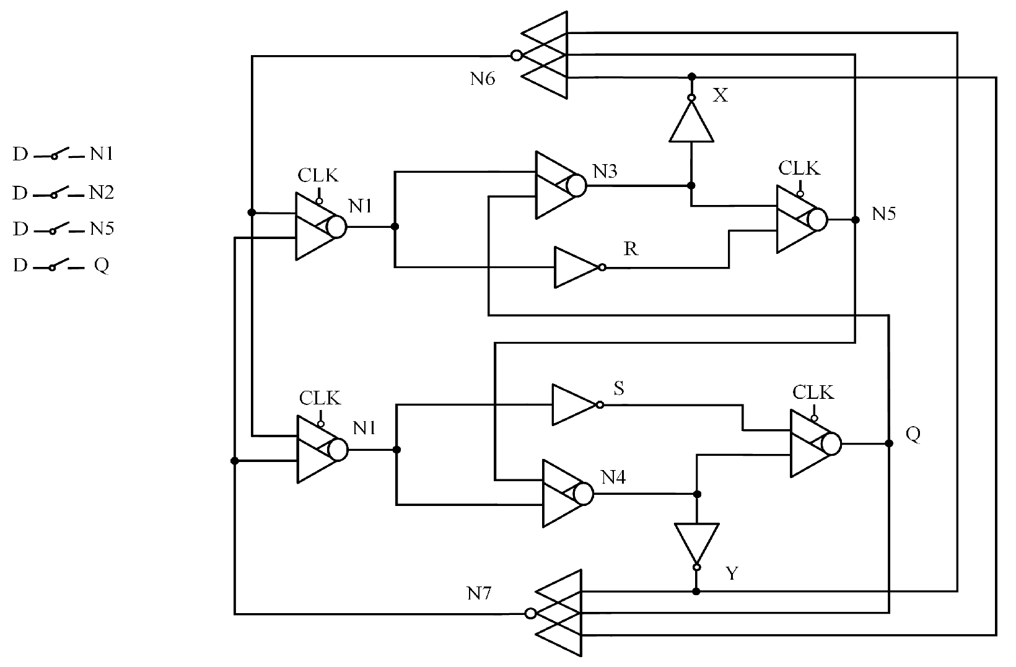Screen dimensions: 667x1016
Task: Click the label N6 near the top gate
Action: tap(482, 79)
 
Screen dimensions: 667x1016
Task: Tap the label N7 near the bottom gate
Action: tap(479, 594)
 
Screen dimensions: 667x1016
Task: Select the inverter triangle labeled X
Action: tap(691, 123)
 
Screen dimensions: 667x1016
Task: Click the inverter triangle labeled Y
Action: tap(697, 543)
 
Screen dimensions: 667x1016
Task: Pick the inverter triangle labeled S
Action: tap(573, 405)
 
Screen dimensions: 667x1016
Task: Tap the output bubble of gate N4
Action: tap(584, 494)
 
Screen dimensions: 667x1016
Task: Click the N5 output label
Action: tap(884, 214)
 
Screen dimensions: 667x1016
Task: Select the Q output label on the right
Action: tap(913, 434)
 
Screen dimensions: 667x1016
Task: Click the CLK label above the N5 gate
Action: tap(799, 168)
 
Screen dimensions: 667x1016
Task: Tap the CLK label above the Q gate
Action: tap(813, 392)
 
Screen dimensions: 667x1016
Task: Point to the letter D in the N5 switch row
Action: tap(20, 229)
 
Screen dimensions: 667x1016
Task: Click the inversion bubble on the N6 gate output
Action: tap(516, 56)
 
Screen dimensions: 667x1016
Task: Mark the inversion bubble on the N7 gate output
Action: tap(530, 614)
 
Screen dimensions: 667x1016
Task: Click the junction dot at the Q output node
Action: tap(889, 443)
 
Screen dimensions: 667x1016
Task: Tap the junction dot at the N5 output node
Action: tap(856, 219)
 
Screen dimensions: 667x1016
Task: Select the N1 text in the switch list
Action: tap(102, 154)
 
